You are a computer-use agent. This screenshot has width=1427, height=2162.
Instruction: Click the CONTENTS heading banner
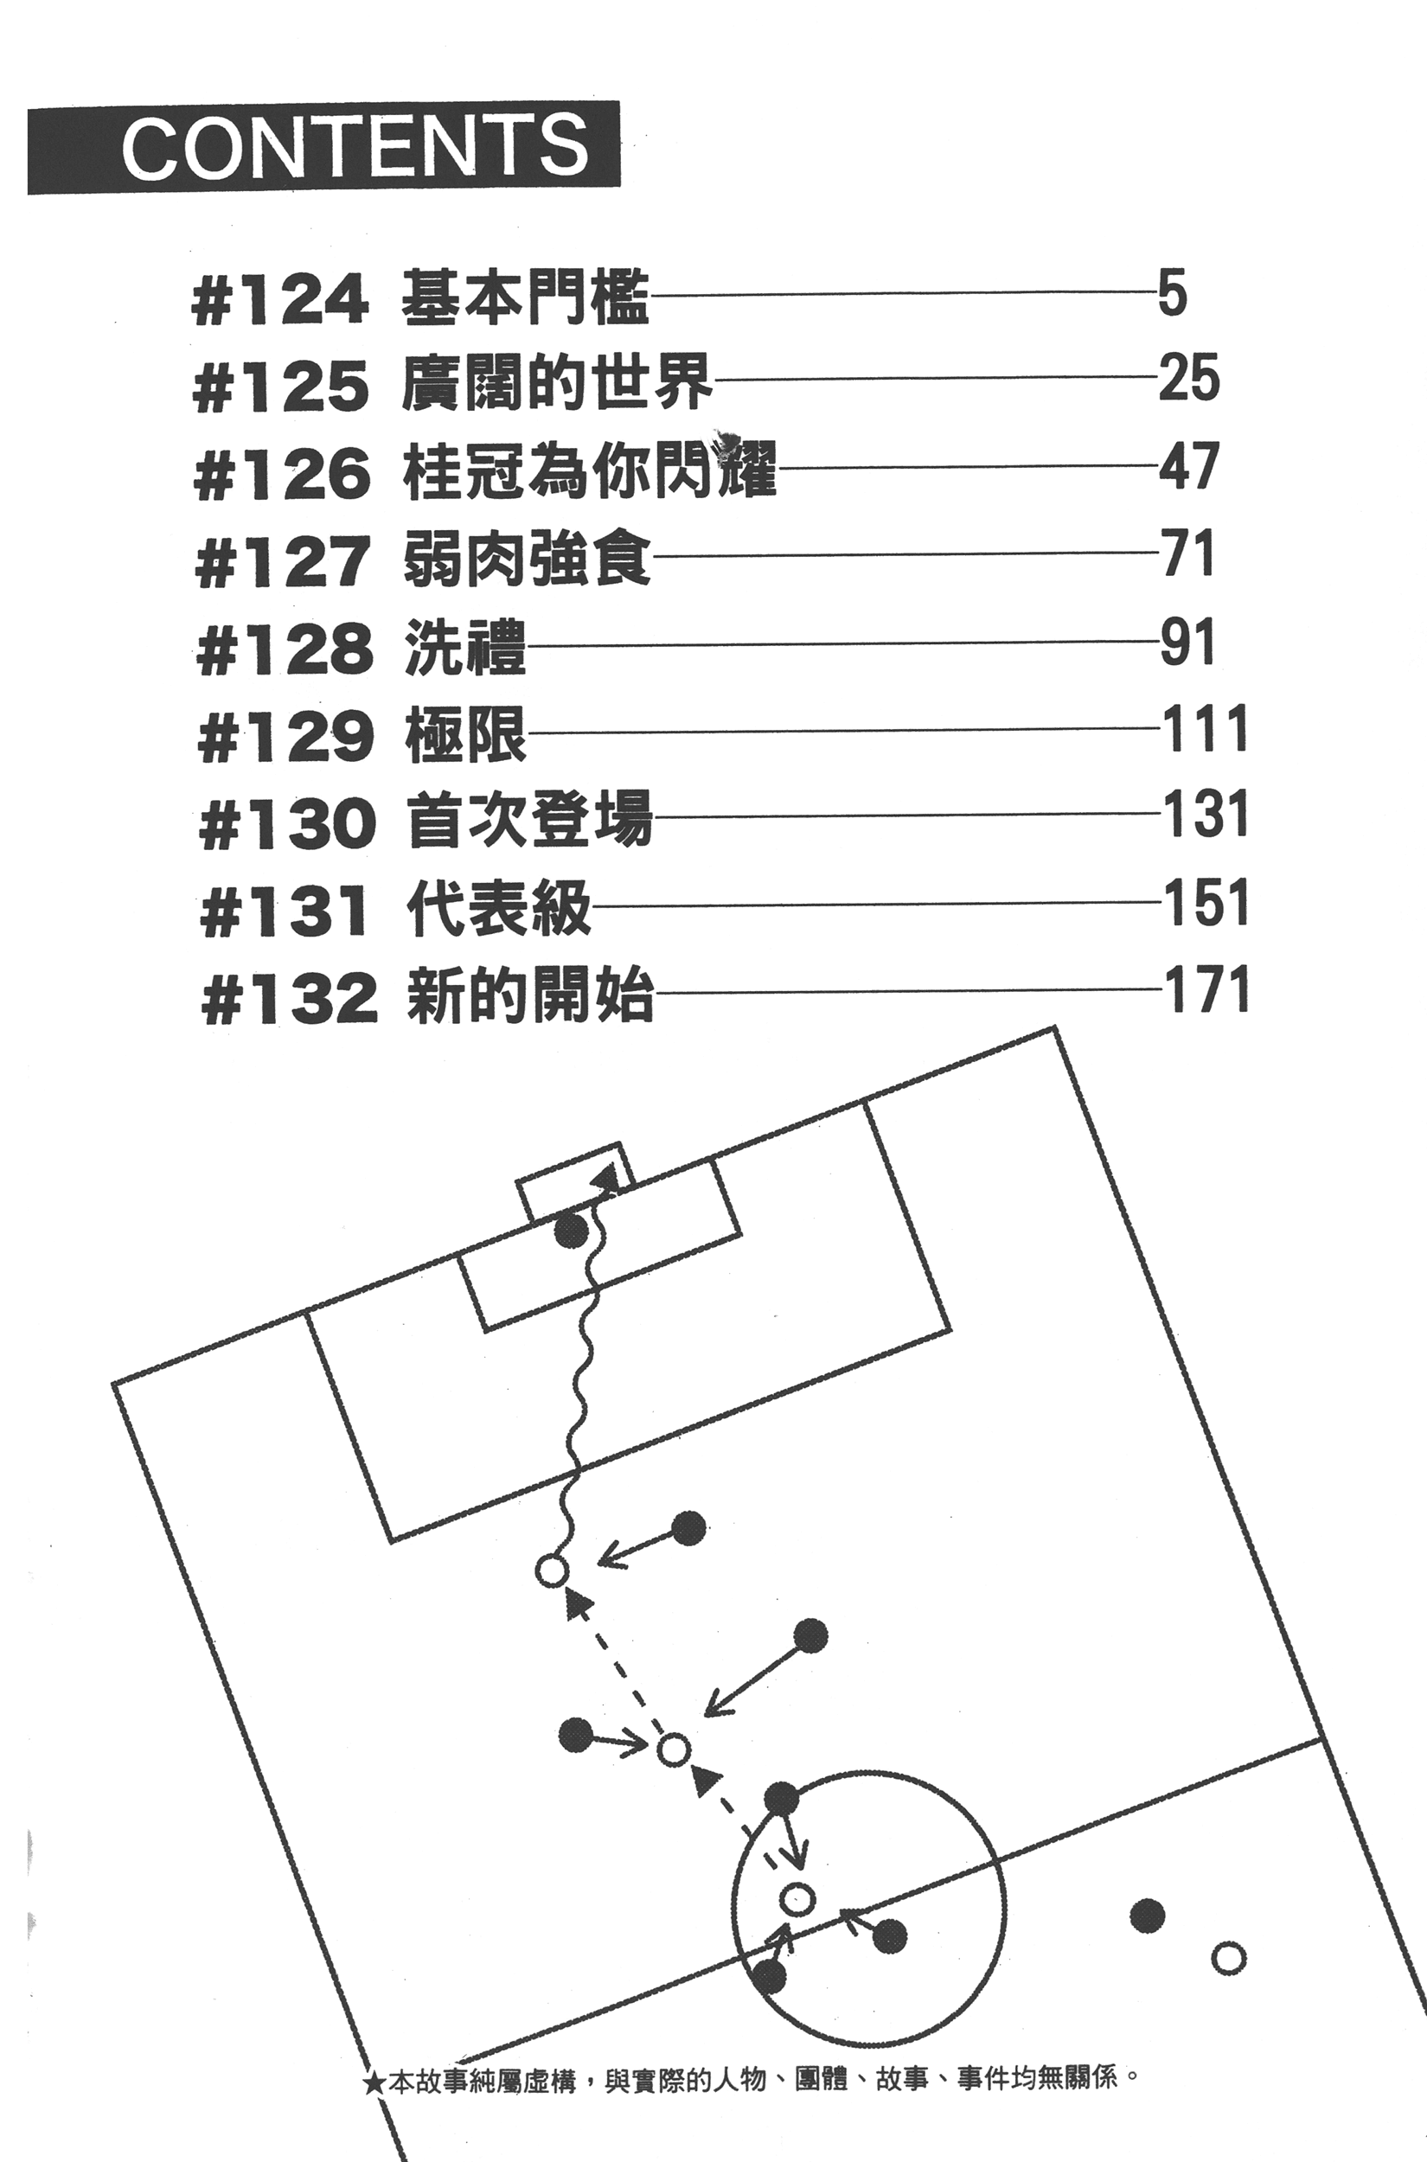pos(324,147)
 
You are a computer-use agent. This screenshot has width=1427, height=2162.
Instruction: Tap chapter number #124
pos(280,300)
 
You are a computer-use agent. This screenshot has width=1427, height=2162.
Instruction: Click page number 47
pos(1187,466)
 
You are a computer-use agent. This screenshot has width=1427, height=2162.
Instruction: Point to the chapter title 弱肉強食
pos(526,556)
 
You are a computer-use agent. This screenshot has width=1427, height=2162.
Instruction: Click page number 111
pos(1205,730)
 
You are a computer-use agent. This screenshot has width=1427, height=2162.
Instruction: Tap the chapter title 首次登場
pos(529,818)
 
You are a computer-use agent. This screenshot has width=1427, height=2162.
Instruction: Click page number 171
pos(1206,991)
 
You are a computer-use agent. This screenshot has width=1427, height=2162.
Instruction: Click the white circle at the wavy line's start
pos(552,1570)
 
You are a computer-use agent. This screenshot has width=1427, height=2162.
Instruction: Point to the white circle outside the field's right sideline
pos(1230,1956)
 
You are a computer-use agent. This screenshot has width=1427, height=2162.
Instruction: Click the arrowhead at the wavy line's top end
pos(604,1180)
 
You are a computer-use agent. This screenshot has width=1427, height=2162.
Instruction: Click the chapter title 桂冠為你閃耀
pos(589,470)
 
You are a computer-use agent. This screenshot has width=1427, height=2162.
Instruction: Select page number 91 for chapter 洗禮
pos(1187,644)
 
